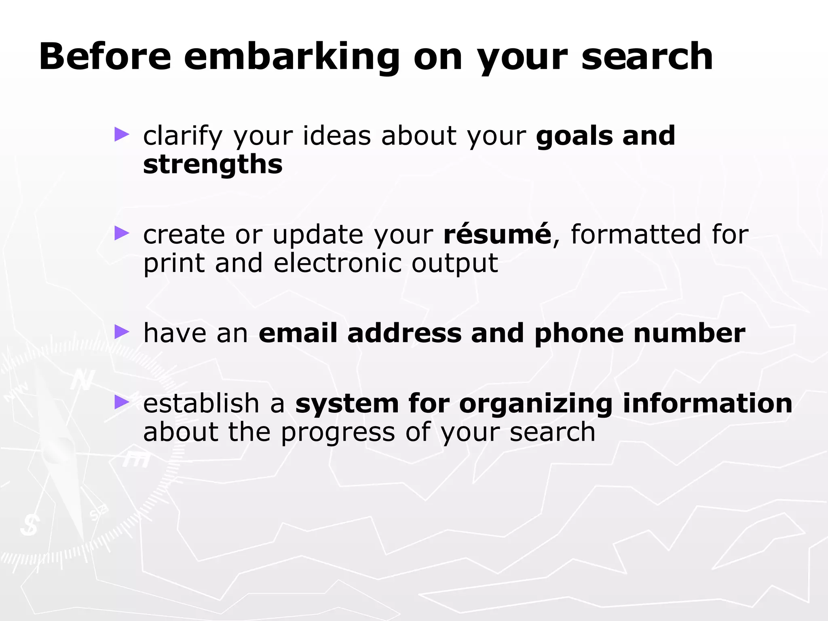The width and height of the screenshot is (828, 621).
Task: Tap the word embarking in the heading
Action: click(291, 57)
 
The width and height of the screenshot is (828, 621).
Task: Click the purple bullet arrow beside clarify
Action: click(121, 134)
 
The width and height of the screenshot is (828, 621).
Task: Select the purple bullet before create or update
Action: click(121, 233)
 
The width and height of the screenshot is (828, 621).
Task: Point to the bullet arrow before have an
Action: click(121, 332)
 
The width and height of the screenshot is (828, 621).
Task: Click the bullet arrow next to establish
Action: click(121, 402)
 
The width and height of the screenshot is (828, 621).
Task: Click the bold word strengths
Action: click(213, 165)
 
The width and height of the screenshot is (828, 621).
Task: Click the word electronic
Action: click(338, 263)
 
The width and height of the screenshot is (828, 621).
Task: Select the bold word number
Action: click(689, 333)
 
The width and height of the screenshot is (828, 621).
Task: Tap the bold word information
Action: click(708, 403)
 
